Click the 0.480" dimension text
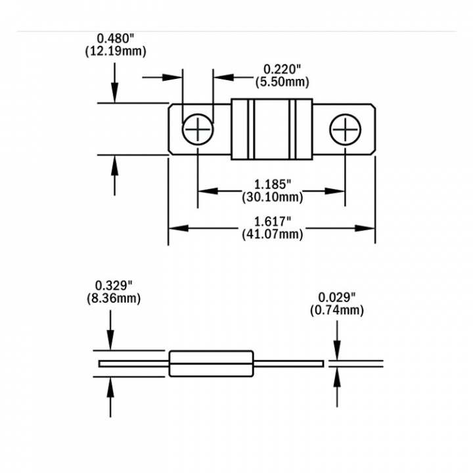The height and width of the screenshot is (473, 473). pyautogui.click(x=115, y=39)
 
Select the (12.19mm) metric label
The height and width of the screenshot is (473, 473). pyautogui.click(x=115, y=51)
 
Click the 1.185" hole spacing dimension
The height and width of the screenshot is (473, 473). pyautogui.click(x=271, y=185)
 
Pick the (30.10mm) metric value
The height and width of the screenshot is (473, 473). pyautogui.click(x=271, y=197)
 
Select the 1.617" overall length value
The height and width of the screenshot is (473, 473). pyautogui.click(x=272, y=221)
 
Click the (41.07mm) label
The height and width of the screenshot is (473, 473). pyautogui.click(x=272, y=234)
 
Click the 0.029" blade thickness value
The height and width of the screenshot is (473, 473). pyautogui.click(x=336, y=297)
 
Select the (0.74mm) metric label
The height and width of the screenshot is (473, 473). pyautogui.click(x=336, y=310)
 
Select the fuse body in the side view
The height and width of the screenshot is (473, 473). pyautogui.click(x=211, y=363)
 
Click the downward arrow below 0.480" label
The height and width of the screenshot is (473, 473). pyautogui.click(x=115, y=89)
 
